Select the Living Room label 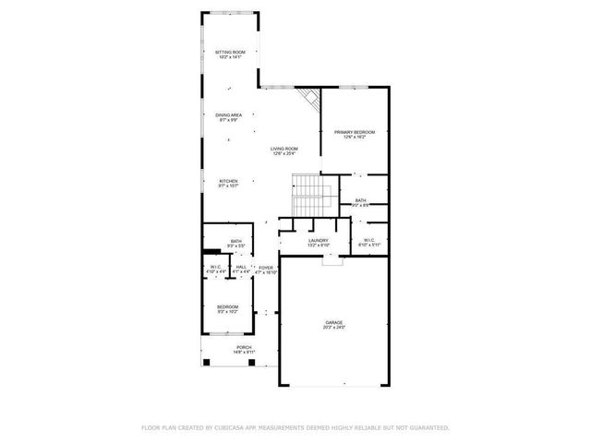click(283, 150)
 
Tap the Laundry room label click(320, 243)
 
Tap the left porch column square click(206, 361)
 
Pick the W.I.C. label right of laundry click(368, 243)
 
